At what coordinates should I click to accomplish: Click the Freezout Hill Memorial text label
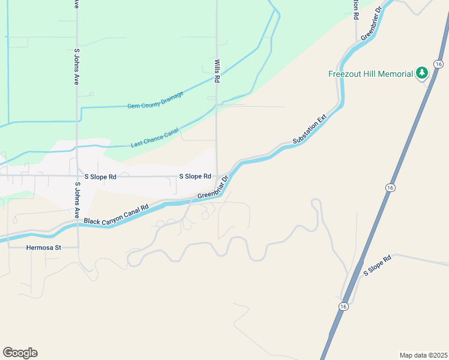(x=370, y=74)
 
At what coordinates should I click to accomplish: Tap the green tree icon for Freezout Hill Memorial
(x=422, y=73)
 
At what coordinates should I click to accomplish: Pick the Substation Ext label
(x=309, y=129)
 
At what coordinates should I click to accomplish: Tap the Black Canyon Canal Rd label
(x=116, y=215)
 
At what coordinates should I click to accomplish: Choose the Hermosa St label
(x=44, y=247)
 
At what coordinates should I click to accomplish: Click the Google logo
(x=20, y=353)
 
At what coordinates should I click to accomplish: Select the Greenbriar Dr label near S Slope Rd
(x=214, y=187)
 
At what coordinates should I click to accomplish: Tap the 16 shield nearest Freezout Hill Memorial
(x=439, y=64)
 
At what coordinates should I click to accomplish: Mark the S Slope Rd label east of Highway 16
(x=377, y=266)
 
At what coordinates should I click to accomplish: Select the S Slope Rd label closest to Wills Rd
(x=195, y=176)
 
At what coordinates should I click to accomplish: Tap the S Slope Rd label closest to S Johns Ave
(x=100, y=177)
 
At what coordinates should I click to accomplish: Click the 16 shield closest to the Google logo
(x=343, y=307)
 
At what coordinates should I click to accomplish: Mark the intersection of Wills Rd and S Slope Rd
(x=217, y=176)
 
